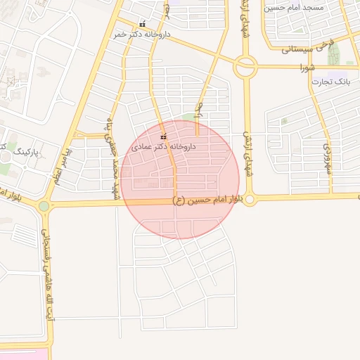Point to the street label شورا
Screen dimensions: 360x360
308,68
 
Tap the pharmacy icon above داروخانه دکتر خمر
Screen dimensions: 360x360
143,24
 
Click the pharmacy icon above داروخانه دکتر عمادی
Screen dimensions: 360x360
163,136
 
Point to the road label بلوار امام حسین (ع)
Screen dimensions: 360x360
212,200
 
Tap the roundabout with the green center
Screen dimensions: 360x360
44,206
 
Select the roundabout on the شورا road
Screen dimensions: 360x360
245,67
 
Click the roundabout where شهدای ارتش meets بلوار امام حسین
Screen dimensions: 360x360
250,200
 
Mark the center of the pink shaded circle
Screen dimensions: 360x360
180,179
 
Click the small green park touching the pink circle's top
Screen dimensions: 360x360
188,117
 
